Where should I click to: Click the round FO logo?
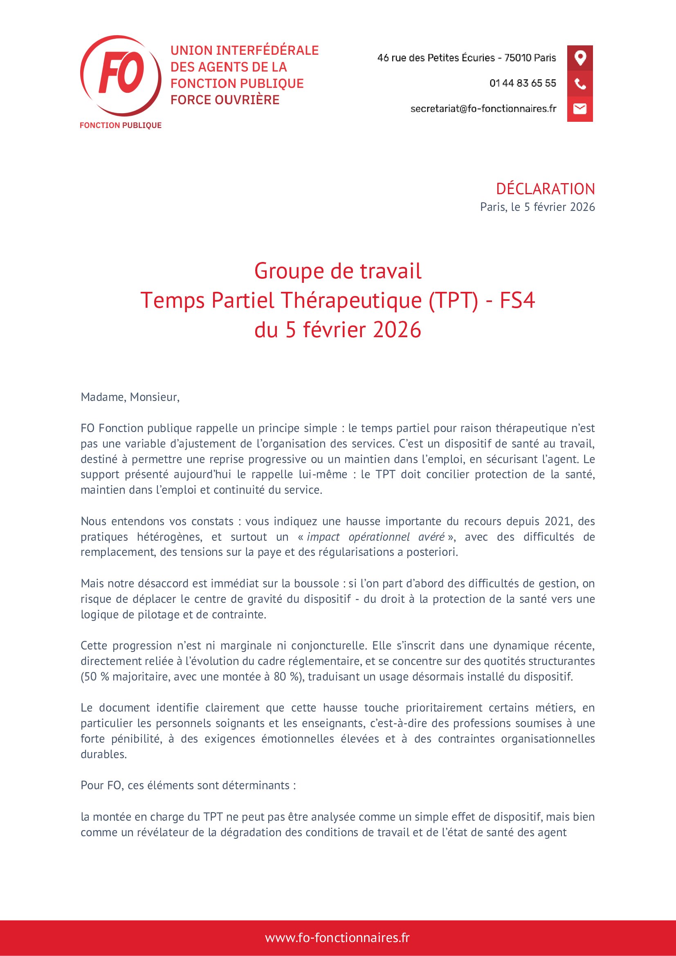tap(120, 75)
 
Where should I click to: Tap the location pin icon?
tap(580, 58)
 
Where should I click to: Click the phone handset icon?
tap(580, 84)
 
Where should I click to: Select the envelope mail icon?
tap(580, 109)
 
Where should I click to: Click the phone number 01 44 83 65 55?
tap(522, 83)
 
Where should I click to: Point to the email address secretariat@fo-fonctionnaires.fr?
tap(483, 109)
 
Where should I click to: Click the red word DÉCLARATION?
tap(545, 189)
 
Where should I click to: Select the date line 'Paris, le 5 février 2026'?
tap(537, 207)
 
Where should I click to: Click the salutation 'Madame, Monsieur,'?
tap(130, 397)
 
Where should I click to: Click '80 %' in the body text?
tap(287, 676)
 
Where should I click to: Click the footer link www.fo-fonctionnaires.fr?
tap(337, 938)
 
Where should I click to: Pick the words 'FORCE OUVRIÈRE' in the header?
tap(225, 100)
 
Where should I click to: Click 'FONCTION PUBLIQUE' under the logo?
tap(120, 125)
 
